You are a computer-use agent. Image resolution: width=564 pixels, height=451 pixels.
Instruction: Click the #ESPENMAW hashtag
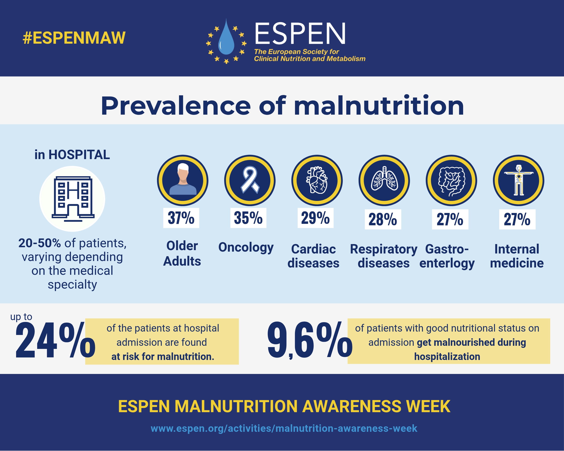[x=74, y=38]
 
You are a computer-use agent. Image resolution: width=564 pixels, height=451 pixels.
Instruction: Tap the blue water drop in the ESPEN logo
[x=226, y=38]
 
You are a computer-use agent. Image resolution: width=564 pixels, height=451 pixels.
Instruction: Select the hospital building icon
[x=73, y=199]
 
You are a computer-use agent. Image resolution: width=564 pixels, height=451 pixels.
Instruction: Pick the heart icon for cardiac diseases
[x=317, y=180]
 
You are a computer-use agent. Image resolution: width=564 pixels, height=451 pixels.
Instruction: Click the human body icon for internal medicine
[x=519, y=180]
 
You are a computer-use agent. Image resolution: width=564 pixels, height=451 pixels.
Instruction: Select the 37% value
[x=181, y=218]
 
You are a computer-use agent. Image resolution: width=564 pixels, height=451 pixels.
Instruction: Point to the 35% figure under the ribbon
[x=248, y=218]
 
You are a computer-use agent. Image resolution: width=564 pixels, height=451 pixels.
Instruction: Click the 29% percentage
[x=315, y=218]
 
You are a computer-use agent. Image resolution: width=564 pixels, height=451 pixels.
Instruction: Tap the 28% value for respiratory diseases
[x=383, y=219]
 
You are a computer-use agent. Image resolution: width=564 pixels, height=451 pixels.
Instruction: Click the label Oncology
[x=246, y=247]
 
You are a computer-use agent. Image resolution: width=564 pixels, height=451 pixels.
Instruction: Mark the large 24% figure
[x=55, y=340]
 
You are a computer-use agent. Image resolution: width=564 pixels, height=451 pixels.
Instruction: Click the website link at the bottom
[x=284, y=428]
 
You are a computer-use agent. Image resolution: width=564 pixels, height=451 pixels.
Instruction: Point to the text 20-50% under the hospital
[x=39, y=243]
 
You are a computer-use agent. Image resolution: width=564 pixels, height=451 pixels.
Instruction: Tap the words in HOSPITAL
[x=72, y=155]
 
